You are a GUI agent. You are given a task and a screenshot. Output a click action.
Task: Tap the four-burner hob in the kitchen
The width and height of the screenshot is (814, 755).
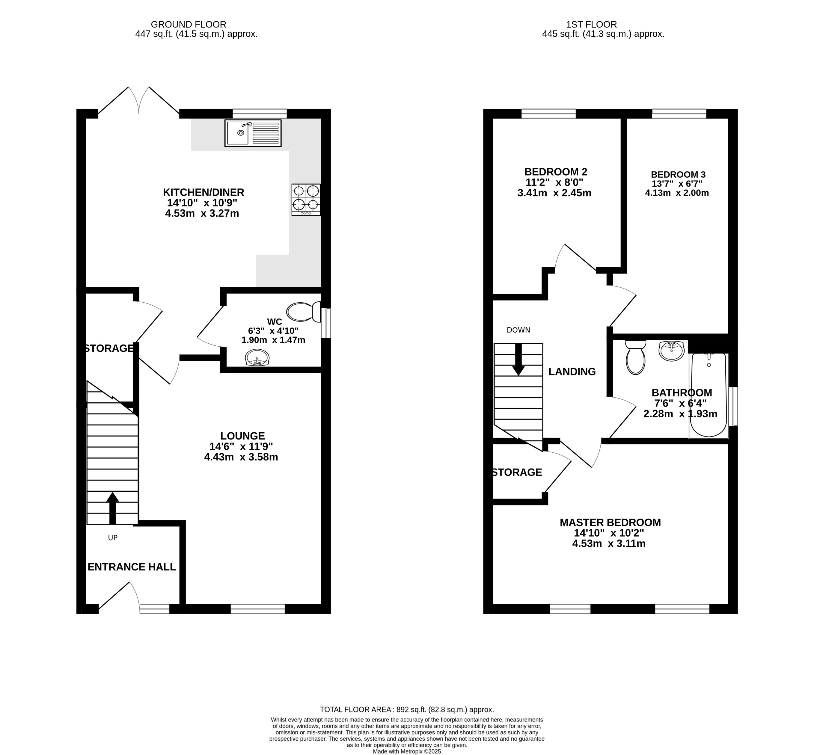pyautogui.click(x=306, y=199)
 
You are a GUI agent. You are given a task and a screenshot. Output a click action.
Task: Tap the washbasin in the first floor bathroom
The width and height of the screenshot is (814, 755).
pyautogui.click(x=671, y=351)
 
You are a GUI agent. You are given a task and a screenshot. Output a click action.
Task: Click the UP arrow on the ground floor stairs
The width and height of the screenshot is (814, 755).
pyautogui.click(x=112, y=508)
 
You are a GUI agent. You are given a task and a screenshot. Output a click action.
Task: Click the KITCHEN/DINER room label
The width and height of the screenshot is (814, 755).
pyautogui.click(x=203, y=192)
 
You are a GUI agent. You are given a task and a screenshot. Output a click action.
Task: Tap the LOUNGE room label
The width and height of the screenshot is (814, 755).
pyautogui.click(x=242, y=436)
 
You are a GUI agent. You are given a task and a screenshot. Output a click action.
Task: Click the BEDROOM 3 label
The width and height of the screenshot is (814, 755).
pyautogui.click(x=678, y=174)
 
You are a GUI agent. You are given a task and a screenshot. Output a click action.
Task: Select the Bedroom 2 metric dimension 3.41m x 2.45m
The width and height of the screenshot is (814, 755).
pyautogui.click(x=554, y=193)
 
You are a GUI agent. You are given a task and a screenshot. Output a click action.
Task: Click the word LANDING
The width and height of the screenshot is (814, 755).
pyautogui.click(x=571, y=372)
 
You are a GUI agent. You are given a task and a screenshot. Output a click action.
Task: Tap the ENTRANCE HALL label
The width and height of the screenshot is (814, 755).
pyautogui.click(x=132, y=567)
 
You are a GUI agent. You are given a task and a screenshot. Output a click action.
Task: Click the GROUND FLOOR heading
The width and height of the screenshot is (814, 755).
pyautogui.click(x=189, y=25)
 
